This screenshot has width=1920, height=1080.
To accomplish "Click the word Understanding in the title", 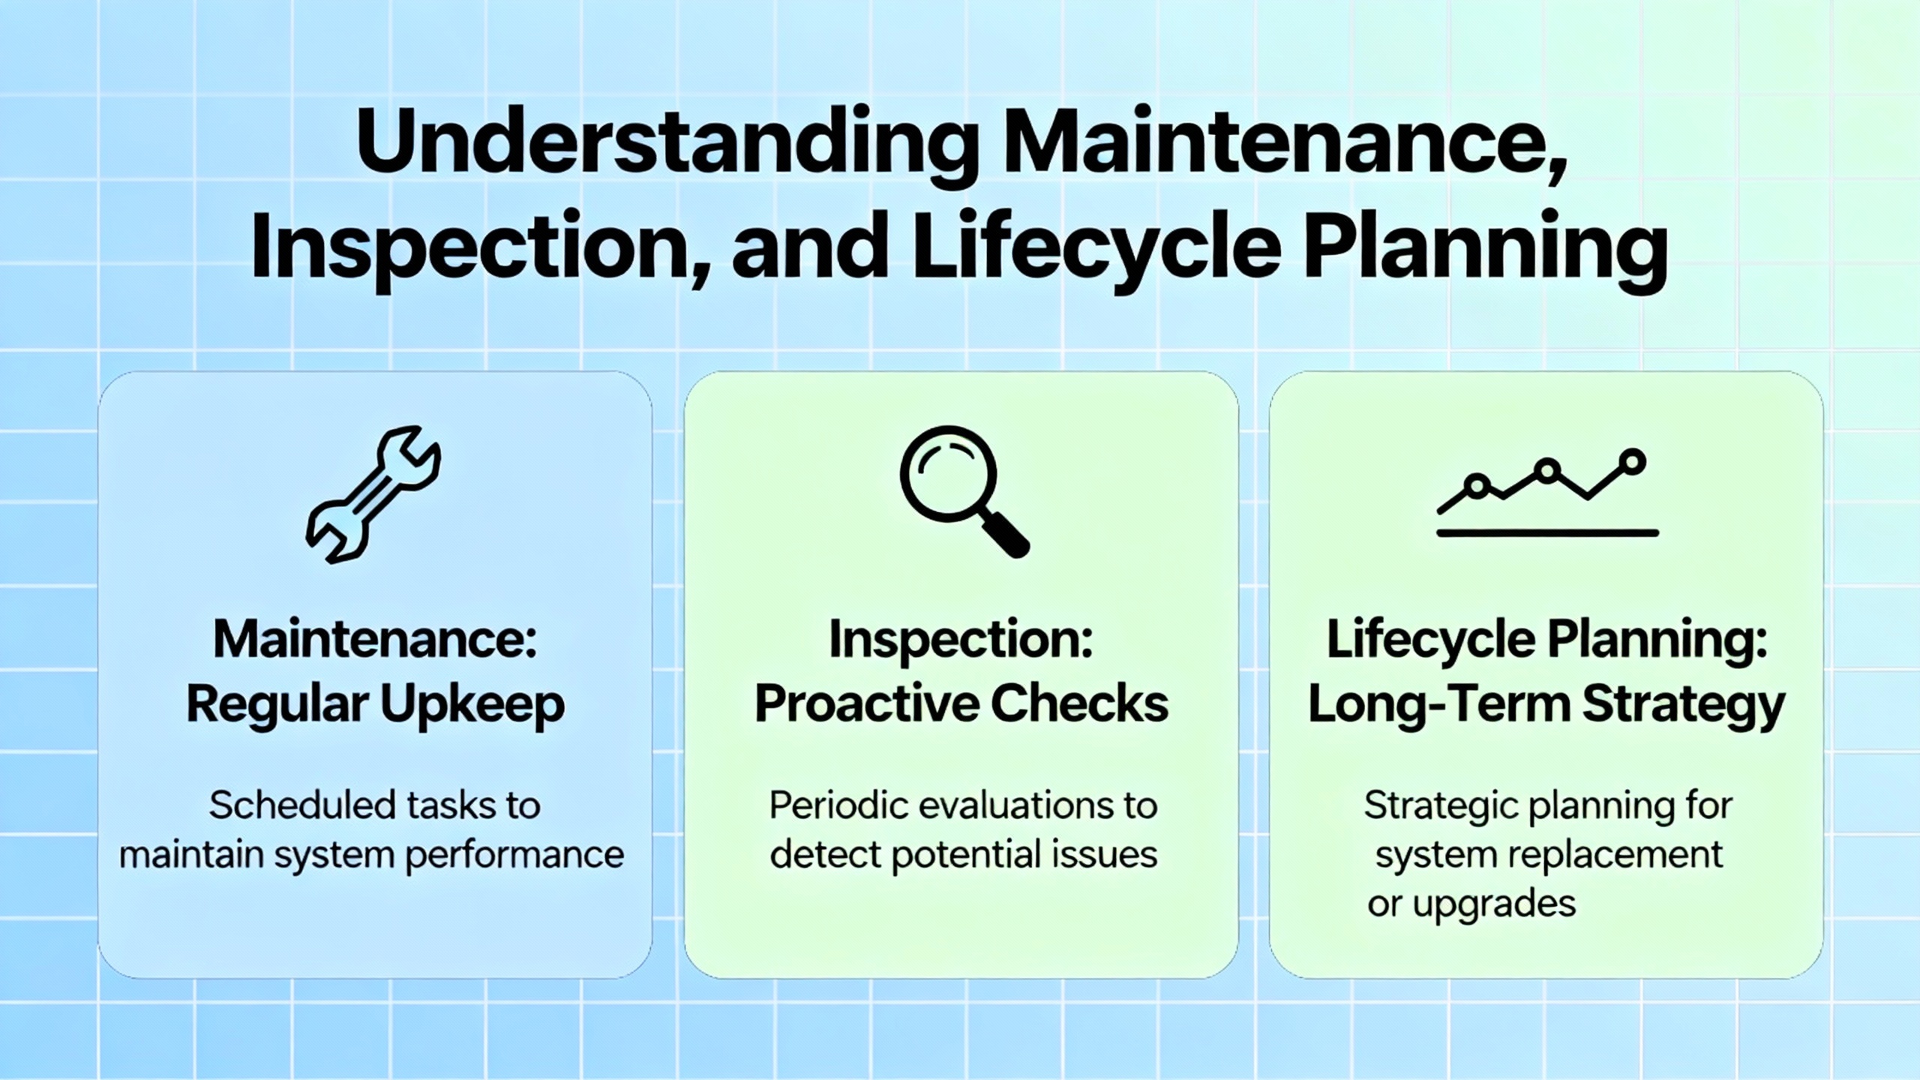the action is point(667,146).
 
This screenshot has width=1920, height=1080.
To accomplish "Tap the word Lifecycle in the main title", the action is point(1096,247).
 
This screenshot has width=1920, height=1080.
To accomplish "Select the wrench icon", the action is point(373,494).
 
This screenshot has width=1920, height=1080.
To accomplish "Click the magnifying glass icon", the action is point(964,491).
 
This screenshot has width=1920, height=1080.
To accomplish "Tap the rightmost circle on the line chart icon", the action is point(1632,461).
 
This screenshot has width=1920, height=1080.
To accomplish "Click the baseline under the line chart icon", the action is point(1547,533).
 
